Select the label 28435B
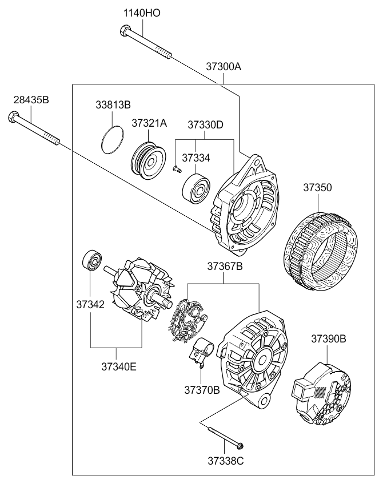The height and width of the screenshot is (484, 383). click(x=31, y=100)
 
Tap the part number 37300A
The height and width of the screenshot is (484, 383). click(x=224, y=66)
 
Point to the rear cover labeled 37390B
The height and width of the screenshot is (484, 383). click(x=321, y=394)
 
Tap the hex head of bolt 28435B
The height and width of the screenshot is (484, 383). click(x=12, y=118)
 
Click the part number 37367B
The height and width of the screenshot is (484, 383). click(x=225, y=266)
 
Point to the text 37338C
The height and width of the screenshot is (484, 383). click(x=225, y=461)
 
